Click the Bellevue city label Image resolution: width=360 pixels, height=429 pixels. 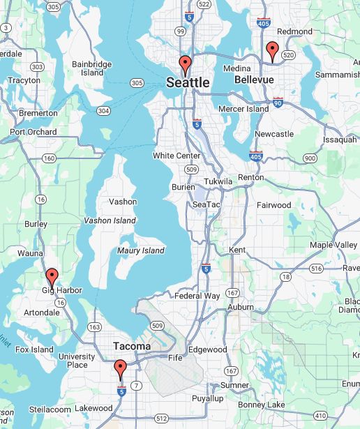point(253,80)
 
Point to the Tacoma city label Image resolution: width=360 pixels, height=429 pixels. point(132,346)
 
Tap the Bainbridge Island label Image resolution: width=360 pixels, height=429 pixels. point(91,68)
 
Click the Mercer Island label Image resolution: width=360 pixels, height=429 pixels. point(243,109)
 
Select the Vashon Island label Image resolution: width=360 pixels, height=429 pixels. point(110,220)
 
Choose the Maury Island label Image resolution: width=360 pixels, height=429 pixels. point(141,250)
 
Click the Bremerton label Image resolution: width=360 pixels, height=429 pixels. point(38,113)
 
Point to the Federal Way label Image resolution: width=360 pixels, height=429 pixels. point(197,296)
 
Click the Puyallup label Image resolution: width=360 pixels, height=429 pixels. point(208,398)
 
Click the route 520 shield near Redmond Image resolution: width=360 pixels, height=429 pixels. point(290,54)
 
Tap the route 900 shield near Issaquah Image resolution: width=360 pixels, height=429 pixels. point(310,158)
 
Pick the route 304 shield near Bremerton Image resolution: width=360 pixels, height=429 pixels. point(103,111)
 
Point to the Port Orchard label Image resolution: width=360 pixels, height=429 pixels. point(33,132)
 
